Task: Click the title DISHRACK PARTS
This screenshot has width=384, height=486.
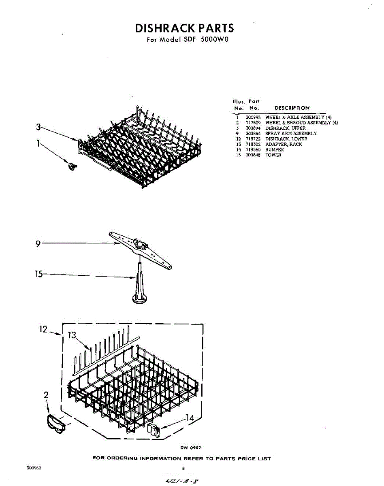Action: pos(184,28)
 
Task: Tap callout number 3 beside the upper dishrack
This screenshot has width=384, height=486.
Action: pos(38,127)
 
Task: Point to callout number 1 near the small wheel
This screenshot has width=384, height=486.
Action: pos(38,143)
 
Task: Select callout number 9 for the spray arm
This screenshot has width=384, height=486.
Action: pos(38,244)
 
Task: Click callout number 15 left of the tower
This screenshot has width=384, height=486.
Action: pos(38,274)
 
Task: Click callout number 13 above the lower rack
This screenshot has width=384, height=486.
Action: pos(72,335)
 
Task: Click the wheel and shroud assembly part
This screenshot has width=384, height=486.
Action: pos(55,424)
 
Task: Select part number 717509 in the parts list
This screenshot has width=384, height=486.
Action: pos(253,123)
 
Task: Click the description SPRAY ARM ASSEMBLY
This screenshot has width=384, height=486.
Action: pos(291,133)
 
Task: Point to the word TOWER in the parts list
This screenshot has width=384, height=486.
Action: pos(273,155)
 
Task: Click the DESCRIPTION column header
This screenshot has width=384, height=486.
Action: pos(292,108)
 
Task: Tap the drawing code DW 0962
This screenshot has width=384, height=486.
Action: pos(190,448)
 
